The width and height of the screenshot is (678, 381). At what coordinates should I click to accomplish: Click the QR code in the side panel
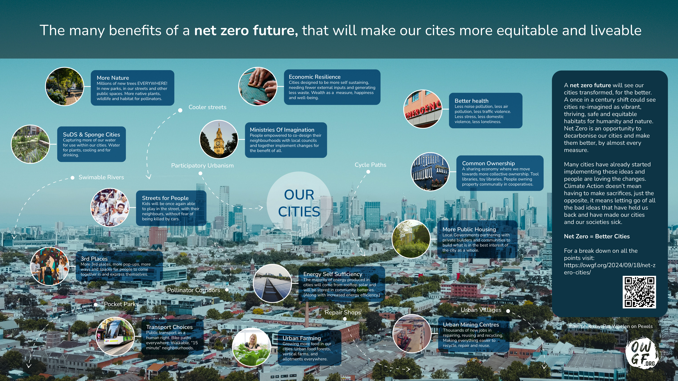pos(639,292)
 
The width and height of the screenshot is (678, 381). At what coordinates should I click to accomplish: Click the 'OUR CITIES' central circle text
pos(299,203)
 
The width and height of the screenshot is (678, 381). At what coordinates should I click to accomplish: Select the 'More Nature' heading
pos(113,78)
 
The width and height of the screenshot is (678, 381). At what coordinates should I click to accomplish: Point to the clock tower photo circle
pos(219,139)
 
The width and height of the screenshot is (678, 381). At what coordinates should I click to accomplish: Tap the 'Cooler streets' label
pos(207,107)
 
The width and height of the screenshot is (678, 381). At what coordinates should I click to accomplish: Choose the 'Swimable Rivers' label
pos(101,177)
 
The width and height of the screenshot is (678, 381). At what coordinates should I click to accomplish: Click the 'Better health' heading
pos(471,101)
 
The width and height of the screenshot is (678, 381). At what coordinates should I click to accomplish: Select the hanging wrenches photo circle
pos(430,172)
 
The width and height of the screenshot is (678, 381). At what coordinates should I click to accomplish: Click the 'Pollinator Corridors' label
pos(194,290)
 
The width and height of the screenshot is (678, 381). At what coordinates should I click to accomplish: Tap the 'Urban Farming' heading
pos(302,338)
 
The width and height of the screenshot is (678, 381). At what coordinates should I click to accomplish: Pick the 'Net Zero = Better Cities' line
pos(597,236)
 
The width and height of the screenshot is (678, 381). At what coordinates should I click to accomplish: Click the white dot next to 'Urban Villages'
pos(508,311)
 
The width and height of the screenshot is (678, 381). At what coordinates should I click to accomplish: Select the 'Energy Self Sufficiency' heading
pos(333,274)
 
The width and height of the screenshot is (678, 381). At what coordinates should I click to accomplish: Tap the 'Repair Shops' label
pos(343,312)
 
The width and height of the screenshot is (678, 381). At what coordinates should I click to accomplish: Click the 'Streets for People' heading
pos(165,198)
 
